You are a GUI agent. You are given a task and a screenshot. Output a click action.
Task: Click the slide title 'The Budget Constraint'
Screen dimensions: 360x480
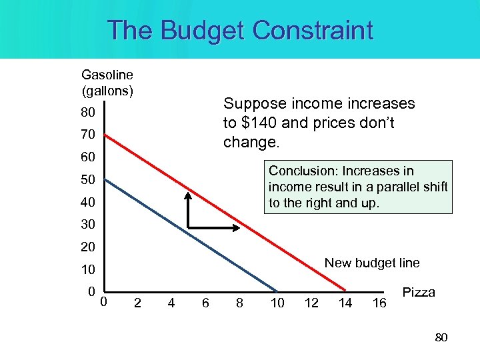point(240,31)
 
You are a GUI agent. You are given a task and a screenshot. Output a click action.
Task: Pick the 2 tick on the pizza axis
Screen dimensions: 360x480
point(137,303)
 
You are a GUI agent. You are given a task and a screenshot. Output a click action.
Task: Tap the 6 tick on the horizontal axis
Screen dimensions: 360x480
point(205,303)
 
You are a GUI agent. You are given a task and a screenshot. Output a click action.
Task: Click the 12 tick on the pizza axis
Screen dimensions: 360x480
point(311,303)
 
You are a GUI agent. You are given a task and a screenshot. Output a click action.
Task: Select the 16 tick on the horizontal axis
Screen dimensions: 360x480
point(379,303)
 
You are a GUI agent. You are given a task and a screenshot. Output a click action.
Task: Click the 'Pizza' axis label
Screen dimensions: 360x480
point(419,293)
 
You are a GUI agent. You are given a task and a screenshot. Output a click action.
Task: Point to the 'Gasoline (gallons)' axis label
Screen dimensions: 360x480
point(107,82)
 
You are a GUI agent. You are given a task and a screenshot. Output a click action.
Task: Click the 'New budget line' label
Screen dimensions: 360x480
point(372,263)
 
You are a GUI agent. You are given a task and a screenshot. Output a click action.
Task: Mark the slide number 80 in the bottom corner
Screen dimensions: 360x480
point(441,338)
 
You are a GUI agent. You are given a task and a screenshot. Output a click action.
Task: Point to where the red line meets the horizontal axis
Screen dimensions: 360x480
point(345,291)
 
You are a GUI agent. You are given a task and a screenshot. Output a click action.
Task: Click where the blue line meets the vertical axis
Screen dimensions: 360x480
point(105,179)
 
